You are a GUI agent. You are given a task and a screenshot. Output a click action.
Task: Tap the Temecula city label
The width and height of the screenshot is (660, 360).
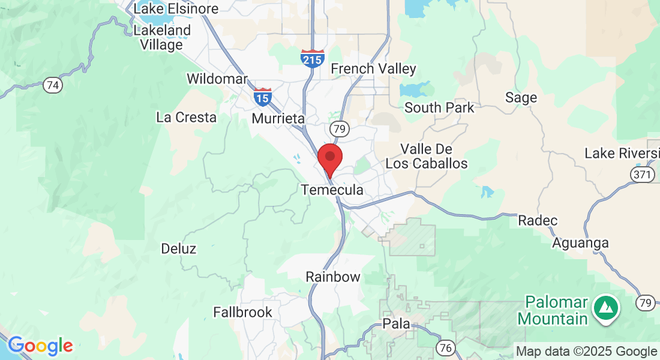pyautogui.click(x=332, y=190)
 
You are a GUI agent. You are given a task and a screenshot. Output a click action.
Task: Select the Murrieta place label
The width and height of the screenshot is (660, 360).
pyautogui.click(x=278, y=118)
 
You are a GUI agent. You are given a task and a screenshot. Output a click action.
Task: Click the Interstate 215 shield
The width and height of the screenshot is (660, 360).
pyautogui.click(x=313, y=58)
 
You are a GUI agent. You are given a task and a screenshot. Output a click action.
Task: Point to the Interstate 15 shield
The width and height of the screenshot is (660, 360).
pyautogui.click(x=262, y=96)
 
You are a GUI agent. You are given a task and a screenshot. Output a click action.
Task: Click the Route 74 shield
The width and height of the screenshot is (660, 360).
pyautogui.click(x=53, y=85)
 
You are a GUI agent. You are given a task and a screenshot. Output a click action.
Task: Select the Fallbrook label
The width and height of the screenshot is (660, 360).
pyautogui.click(x=242, y=312)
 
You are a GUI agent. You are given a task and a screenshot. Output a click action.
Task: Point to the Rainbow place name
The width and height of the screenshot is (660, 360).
pyautogui.click(x=333, y=277)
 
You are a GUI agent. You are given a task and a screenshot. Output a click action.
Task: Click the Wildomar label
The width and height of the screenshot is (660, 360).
pyautogui.click(x=217, y=79)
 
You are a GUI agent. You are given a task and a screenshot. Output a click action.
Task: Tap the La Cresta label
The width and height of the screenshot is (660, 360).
pyautogui.click(x=186, y=118)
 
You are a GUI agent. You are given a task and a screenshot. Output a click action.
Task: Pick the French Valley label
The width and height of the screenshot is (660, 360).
pyautogui.click(x=373, y=69)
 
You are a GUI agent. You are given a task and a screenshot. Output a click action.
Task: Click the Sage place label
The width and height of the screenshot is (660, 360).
pyautogui.click(x=521, y=97)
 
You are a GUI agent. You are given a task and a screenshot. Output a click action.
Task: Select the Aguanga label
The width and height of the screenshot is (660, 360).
pyautogui.click(x=581, y=243)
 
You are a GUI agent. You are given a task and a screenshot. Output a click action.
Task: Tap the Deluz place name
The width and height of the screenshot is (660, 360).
pyautogui.click(x=179, y=248)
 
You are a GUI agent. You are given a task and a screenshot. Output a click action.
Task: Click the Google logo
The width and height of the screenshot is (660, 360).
pyautogui.click(x=40, y=346)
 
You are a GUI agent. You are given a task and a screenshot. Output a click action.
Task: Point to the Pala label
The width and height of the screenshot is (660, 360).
pyautogui.click(x=397, y=324)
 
